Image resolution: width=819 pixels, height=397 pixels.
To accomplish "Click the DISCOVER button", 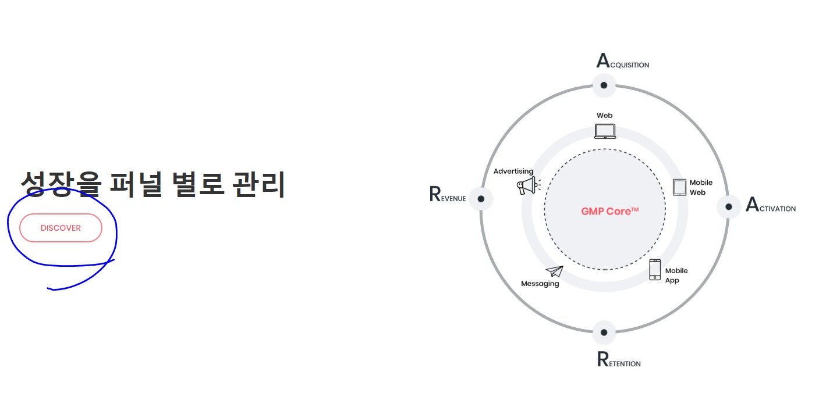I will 61,228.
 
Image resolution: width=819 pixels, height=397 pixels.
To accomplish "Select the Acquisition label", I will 622,61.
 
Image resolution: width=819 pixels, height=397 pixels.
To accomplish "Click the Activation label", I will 770,206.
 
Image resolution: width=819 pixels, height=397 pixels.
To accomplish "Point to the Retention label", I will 618,360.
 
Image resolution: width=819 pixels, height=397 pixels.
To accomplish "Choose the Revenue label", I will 447,195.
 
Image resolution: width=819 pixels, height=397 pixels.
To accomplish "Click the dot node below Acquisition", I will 604,85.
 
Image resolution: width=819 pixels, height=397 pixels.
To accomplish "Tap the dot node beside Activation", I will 728,206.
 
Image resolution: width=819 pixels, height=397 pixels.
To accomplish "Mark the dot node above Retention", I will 604,332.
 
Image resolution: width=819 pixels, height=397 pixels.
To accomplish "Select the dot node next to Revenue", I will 481,199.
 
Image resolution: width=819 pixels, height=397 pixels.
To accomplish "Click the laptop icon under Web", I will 605,131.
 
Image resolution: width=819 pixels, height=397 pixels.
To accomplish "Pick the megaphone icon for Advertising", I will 527,186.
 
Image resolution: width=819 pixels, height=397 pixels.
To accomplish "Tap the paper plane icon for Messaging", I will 554,271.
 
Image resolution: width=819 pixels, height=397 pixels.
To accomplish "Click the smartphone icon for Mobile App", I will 655,270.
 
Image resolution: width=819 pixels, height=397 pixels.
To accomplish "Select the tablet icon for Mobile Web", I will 679,187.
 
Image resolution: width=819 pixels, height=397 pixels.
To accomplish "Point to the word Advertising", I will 513,171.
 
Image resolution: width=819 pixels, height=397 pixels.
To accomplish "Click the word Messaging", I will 540,284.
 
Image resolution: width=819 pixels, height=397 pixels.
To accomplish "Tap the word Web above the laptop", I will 604,116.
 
